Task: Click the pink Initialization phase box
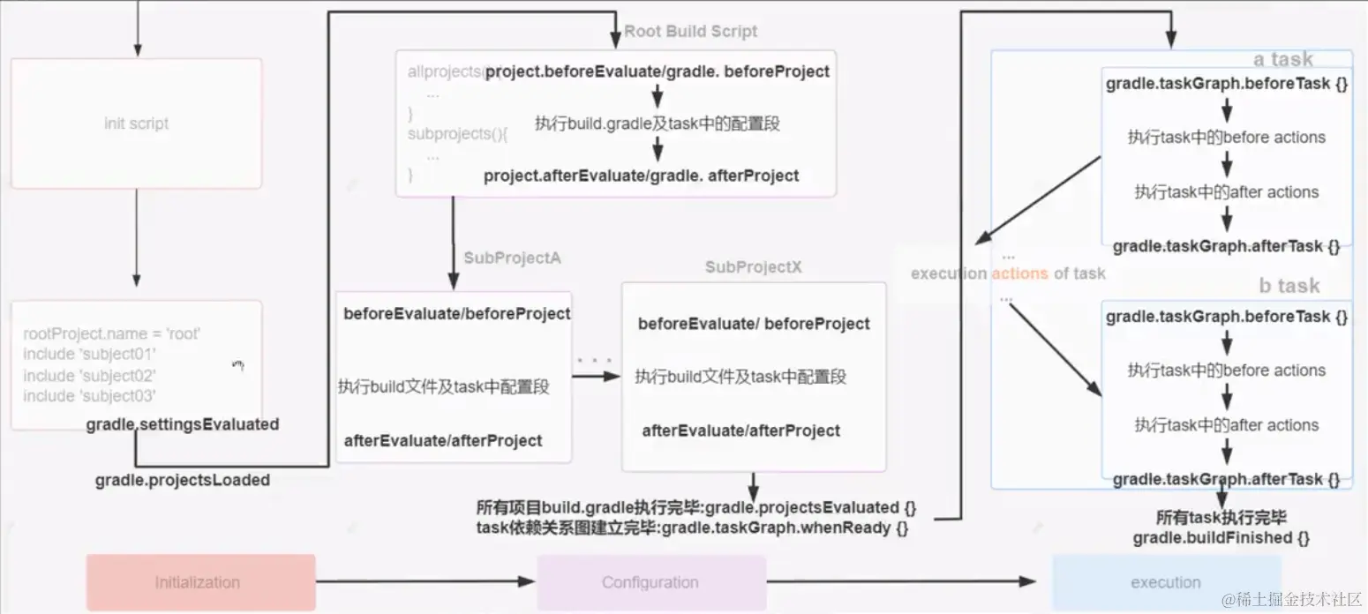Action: [200, 582]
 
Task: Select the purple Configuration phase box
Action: [651, 582]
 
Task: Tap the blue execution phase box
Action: [1166, 582]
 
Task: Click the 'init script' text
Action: [136, 124]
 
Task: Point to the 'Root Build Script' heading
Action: [691, 32]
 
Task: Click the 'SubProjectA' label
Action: [512, 258]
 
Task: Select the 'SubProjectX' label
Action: [753, 267]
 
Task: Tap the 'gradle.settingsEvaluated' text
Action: [183, 424]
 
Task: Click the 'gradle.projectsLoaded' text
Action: [183, 481]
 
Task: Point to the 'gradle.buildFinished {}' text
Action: [1221, 537]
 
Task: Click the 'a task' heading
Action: [1282, 60]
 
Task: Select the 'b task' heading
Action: [1289, 286]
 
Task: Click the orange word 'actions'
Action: [1019, 273]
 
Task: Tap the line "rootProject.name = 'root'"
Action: [112, 334]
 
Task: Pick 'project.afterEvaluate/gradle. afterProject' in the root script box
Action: [641, 176]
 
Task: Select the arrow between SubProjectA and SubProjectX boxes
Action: [596, 377]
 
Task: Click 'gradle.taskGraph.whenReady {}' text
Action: [784, 528]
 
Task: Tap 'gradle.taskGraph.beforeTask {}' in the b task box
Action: [1227, 316]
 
